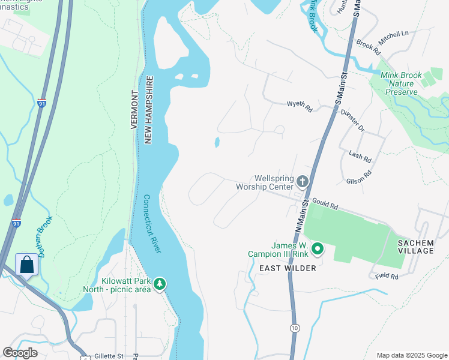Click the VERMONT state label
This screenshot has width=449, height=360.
click(x=134, y=110)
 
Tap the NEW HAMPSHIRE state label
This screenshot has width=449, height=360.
click(x=148, y=109)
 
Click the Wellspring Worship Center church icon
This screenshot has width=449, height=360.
click(x=303, y=181)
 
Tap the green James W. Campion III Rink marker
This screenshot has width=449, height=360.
click(x=318, y=248)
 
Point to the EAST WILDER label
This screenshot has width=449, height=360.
click(x=287, y=268)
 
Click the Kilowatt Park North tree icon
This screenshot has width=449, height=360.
click(x=159, y=283)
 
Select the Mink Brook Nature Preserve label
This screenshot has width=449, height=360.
click(x=401, y=84)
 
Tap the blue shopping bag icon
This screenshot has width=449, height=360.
click(x=27, y=265)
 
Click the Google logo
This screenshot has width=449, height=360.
click(x=20, y=353)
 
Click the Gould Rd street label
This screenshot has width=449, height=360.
click(x=325, y=205)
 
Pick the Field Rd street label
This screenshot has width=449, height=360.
click(x=387, y=276)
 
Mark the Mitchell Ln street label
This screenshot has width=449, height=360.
click(x=393, y=38)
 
